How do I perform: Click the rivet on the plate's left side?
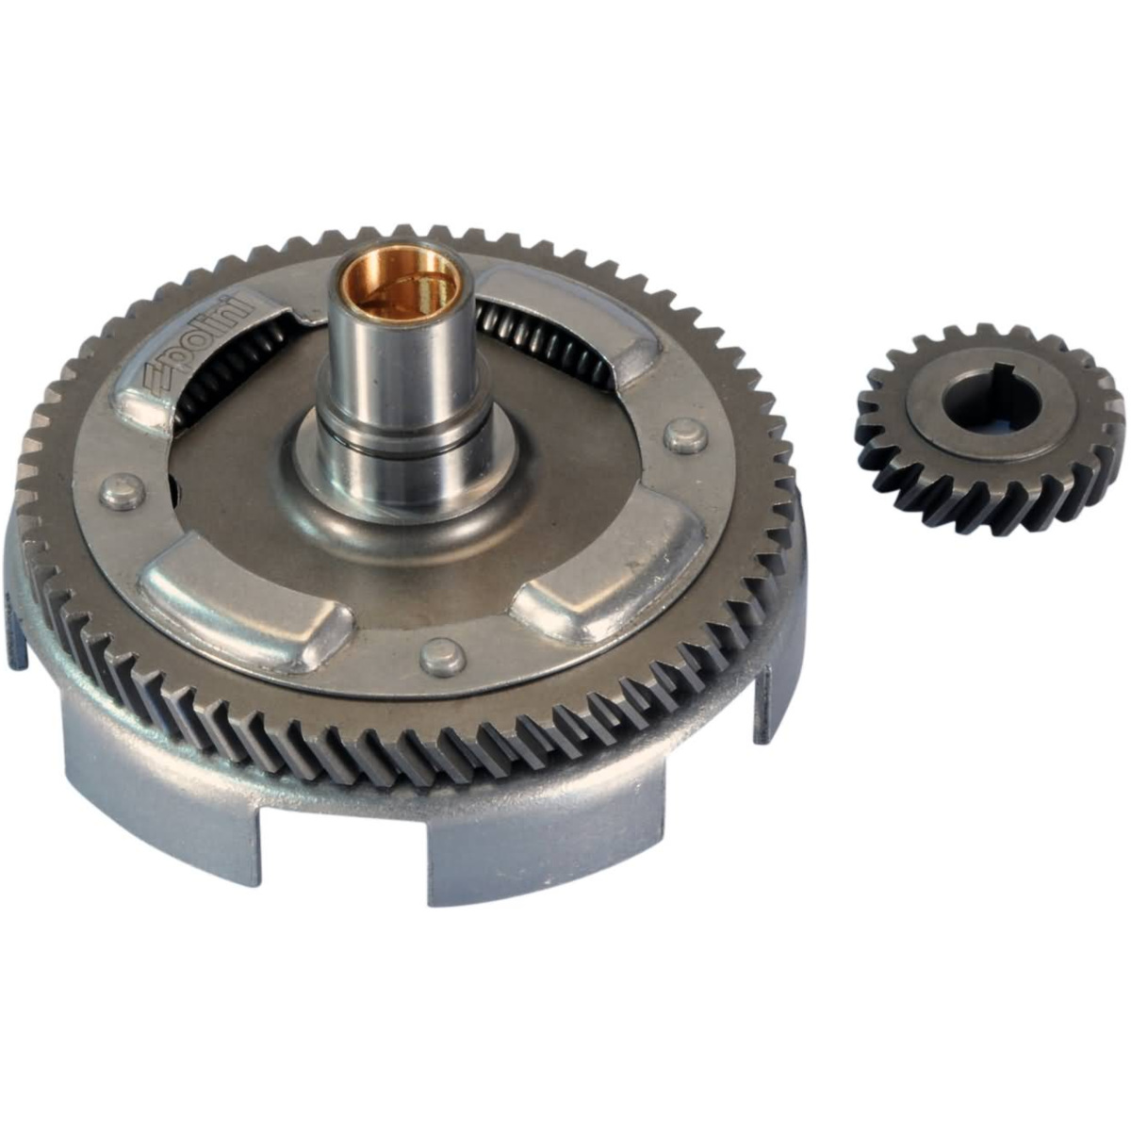(122, 492)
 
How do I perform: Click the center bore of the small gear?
(991, 401)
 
